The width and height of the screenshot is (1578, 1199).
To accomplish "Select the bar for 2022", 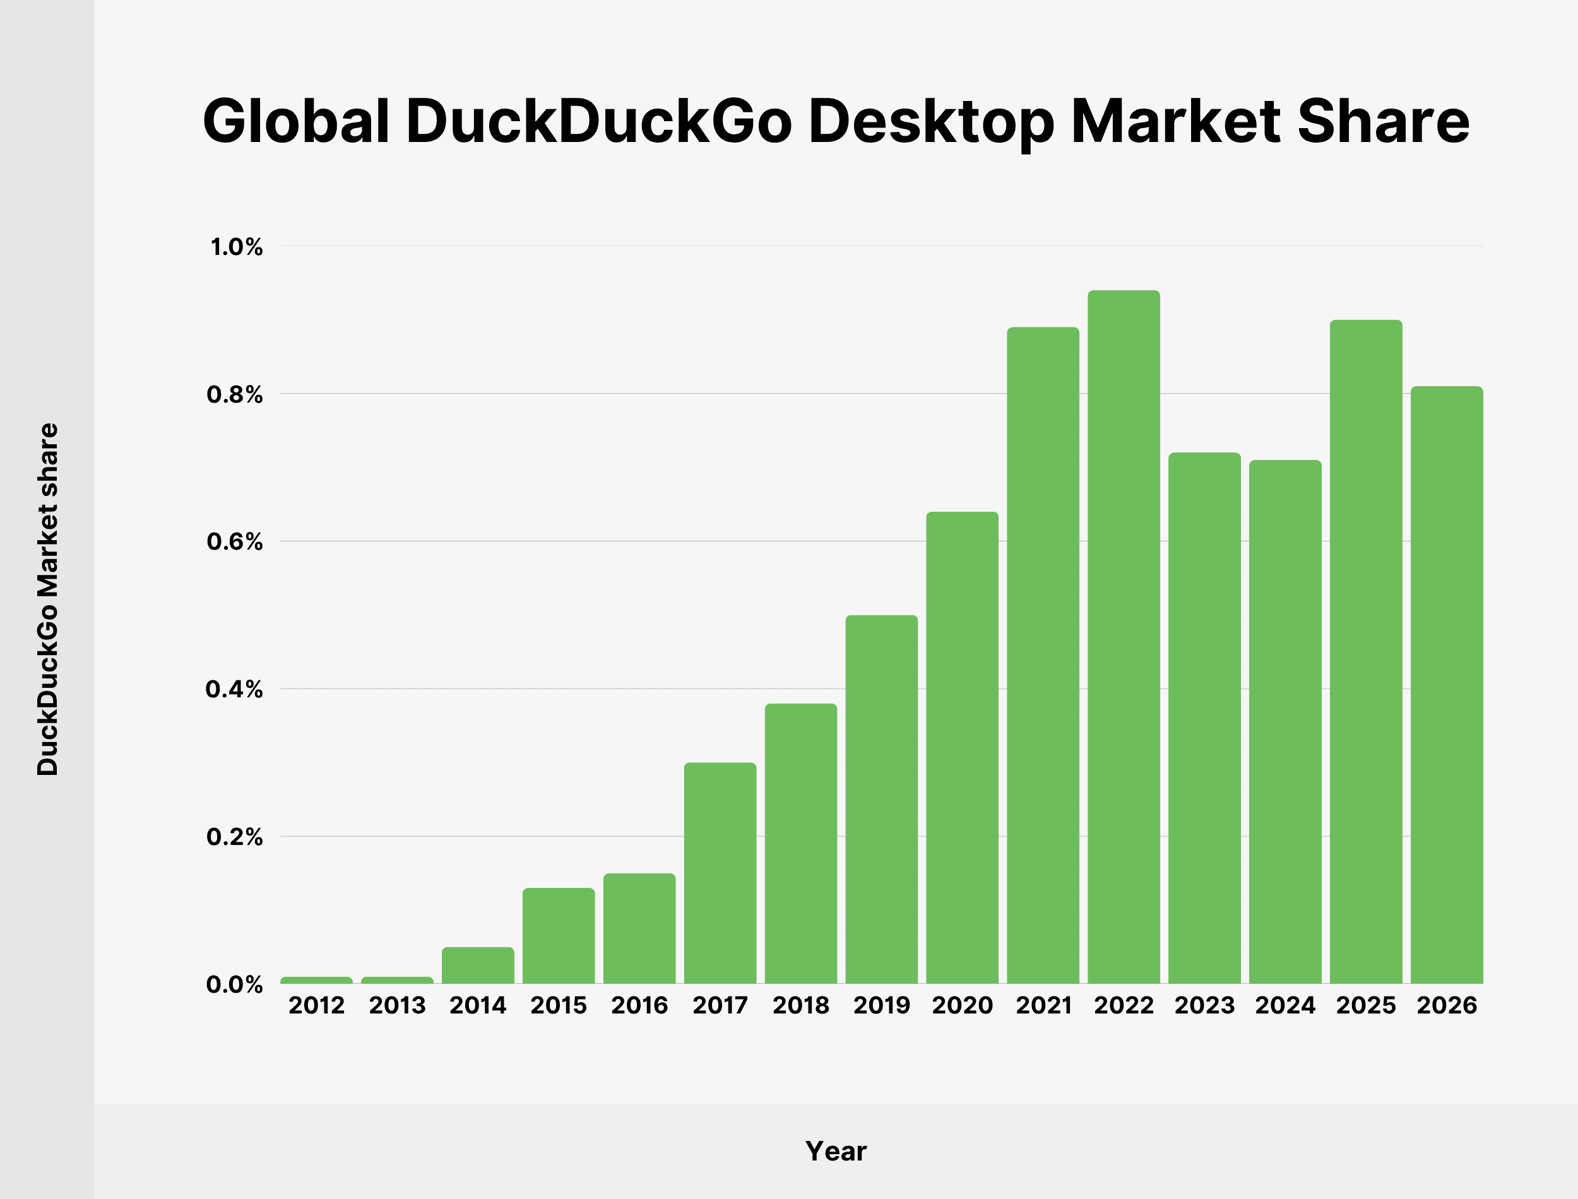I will (1124, 637).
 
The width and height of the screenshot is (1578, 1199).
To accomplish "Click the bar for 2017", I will (720, 873).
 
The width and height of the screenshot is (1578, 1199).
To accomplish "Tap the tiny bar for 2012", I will (316, 980).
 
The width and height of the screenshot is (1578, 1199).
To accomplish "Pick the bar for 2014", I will (477, 965).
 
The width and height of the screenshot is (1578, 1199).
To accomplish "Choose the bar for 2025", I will (1366, 652).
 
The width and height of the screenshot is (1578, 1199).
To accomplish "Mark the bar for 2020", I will (962, 747).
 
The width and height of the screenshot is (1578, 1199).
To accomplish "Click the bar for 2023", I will (1204, 718).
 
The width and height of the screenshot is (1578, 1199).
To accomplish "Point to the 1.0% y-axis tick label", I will (236, 247).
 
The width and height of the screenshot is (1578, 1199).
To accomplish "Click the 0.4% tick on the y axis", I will (234, 689).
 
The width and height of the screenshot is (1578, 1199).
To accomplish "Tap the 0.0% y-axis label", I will (234, 984).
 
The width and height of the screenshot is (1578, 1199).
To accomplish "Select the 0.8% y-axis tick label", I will (234, 394).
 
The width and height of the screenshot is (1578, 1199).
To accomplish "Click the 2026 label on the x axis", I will (1447, 1006).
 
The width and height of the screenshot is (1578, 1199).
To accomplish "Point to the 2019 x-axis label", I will (881, 1006).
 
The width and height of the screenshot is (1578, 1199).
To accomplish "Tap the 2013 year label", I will (397, 1006).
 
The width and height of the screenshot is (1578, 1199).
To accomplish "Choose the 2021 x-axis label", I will (1043, 1006).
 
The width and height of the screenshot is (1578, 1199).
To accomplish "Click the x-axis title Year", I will (836, 1152).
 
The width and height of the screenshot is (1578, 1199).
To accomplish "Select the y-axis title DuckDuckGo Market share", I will (48, 599).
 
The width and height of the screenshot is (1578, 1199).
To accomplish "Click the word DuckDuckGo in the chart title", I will (599, 121).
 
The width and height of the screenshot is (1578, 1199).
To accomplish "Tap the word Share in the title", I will (1382, 121).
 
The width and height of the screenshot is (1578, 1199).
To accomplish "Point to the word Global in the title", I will (296, 121).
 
